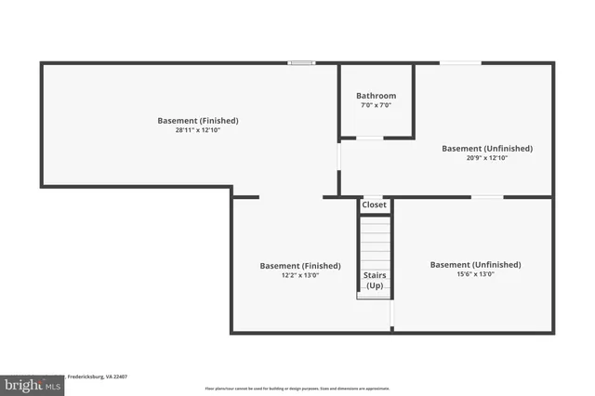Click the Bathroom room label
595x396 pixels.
376,96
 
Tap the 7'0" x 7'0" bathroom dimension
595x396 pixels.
376,105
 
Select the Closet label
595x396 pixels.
374,205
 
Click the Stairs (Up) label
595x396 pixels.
375,281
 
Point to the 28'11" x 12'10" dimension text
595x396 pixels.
197,130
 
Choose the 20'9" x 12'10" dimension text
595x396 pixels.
487,158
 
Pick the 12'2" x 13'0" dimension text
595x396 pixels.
293,275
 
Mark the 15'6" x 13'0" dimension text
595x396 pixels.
475,274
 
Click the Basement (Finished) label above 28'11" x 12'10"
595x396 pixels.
197,120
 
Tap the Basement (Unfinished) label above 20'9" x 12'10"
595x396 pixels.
487,148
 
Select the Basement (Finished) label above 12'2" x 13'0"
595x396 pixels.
293,265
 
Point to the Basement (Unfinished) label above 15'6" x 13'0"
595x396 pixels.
475,264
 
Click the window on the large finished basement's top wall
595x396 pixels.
301,63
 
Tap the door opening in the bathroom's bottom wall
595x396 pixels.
369,139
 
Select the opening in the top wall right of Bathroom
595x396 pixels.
460,63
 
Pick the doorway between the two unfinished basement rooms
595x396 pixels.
487,197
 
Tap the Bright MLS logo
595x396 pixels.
32,384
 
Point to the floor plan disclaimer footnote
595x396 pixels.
297,389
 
